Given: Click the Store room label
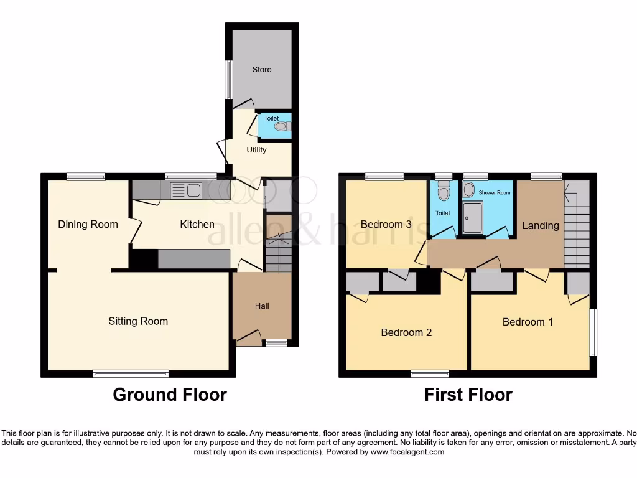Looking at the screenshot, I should coord(262,70).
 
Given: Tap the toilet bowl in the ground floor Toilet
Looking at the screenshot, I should coord(281,127).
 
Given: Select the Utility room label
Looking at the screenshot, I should coord(256,150).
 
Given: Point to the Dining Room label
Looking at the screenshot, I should coord(88,225).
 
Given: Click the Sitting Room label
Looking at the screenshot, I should coord(138,321).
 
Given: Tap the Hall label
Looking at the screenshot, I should coord(262,306).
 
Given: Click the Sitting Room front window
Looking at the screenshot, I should coord(131,373).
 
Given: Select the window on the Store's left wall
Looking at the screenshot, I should coord(229,80).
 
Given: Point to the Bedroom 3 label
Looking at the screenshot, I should coord(386,225).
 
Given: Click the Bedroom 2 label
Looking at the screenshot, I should coord(406,332).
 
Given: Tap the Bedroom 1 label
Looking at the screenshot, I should coord(528,322).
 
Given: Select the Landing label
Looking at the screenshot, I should coord(540,225).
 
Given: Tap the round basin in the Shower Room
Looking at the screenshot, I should coord(468,189).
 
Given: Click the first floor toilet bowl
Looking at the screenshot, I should coord(444,193).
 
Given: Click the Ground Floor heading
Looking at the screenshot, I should coord(170,395).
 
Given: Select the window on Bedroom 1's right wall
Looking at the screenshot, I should coord(592,332).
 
